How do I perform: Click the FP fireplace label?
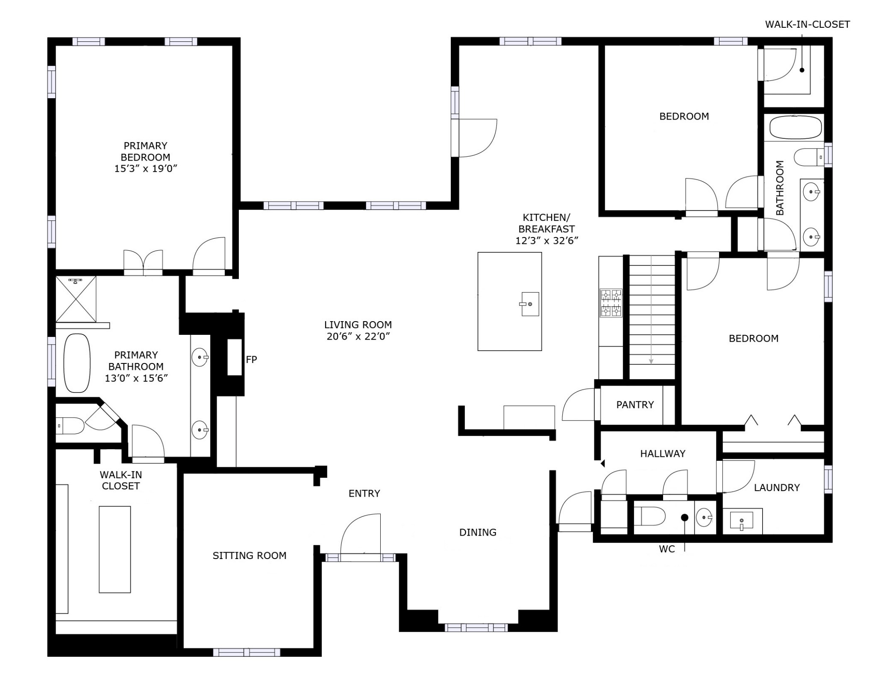coord(251,360)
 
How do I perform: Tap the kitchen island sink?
coord(530,304)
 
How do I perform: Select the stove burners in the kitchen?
coord(611,303)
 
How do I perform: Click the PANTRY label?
coord(635,405)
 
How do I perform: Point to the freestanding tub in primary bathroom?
coord(77,363)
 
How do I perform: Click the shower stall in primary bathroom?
coord(76,299)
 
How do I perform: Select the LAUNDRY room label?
coord(777,488)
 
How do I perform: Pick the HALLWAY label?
coord(663,454)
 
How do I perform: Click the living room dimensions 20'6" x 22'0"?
coord(358,337)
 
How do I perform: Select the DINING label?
coord(478,532)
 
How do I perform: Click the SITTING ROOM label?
coord(250,556)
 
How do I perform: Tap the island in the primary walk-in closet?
coord(115,549)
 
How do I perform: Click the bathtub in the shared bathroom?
coord(796,128)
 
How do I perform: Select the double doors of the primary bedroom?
coord(143,262)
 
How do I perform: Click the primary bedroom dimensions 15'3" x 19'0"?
coord(146,169)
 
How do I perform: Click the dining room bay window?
coord(476,627)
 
